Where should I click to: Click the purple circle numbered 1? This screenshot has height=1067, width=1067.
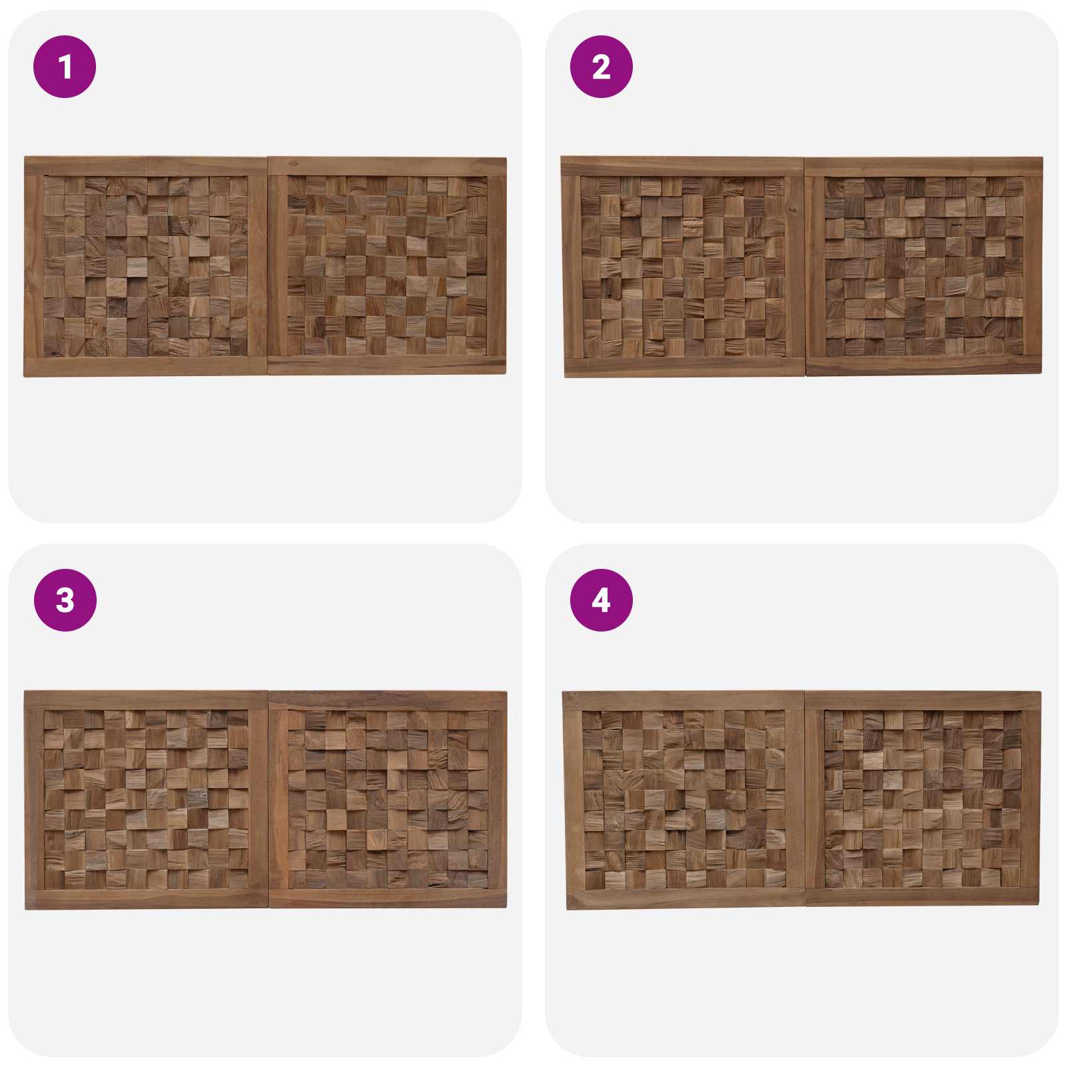[65, 67]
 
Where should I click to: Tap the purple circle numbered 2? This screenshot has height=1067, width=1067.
[601, 67]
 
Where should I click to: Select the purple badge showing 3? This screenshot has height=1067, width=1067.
[65, 600]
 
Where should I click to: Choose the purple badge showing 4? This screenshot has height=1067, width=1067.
[601, 600]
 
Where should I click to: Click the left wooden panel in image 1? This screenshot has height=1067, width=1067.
[146, 267]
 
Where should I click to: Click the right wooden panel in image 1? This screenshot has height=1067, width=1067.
[387, 266]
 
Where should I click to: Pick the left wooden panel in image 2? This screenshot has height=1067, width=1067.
[683, 267]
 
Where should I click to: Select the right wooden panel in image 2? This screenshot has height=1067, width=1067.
[924, 266]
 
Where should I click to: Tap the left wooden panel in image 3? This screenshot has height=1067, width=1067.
[147, 800]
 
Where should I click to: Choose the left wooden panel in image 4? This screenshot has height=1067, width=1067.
[684, 800]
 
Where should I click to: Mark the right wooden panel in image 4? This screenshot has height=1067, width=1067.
[923, 798]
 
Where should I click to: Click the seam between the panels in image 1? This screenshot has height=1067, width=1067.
[268, 267]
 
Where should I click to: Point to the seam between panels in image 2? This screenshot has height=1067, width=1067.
[805, 267]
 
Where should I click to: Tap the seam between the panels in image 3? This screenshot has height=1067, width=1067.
[269, 800]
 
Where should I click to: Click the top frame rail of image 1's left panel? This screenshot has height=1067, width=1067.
[146, 166]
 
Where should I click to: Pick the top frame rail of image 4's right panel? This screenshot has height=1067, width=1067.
[923, 700]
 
